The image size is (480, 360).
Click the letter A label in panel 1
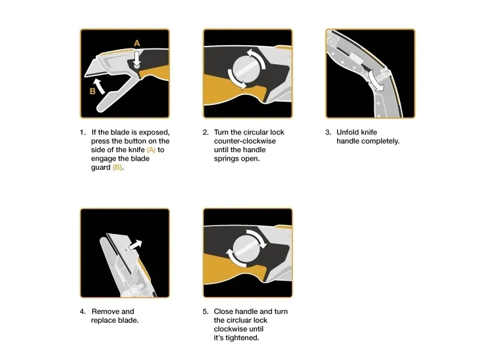137,43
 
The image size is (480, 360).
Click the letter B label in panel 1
92,91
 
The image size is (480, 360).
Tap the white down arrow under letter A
137,58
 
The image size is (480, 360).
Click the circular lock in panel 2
247,70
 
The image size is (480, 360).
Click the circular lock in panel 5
247,249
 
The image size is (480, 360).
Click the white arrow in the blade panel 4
136,245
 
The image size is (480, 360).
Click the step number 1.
83,132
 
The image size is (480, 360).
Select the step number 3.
328,132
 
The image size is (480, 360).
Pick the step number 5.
205,311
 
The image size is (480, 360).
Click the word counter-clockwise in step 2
245,141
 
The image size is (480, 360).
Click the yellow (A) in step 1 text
151,150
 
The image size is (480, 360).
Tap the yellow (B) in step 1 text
117,167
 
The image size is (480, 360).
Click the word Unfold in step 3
348,132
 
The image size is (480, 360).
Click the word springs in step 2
227,159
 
